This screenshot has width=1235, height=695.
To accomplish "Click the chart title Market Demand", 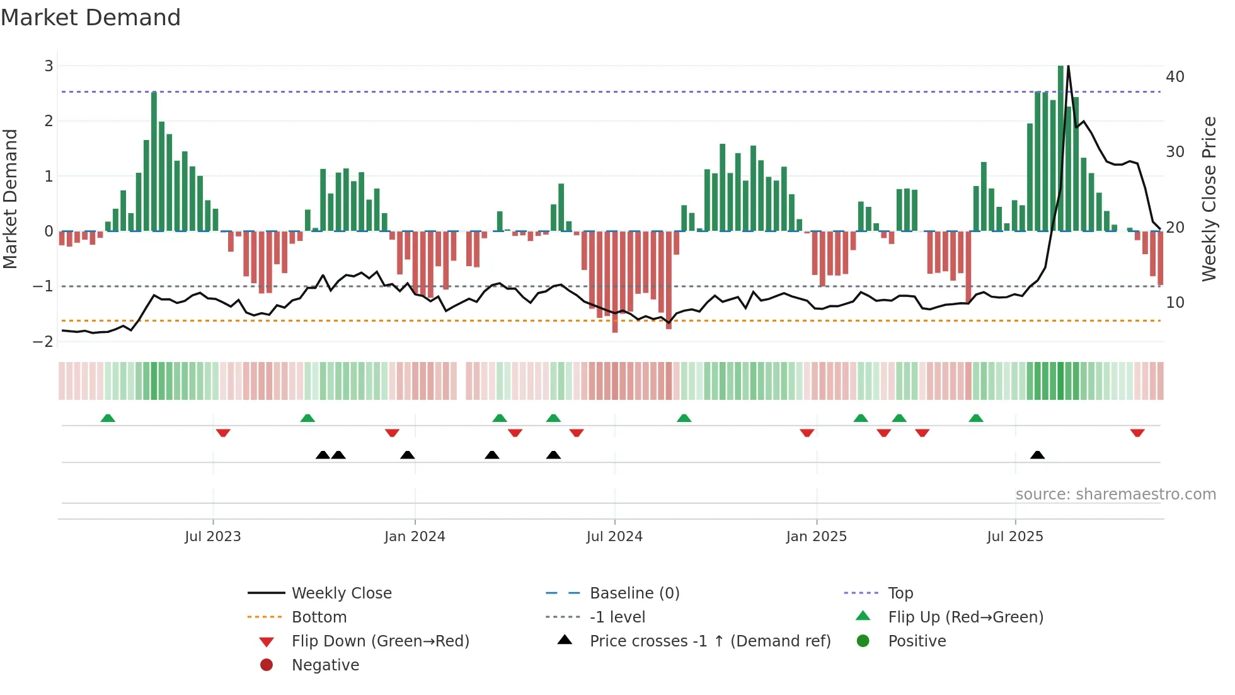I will point(91,18).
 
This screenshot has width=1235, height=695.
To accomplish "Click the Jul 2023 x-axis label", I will point(212,537).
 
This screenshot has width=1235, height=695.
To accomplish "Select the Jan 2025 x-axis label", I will point(816,537).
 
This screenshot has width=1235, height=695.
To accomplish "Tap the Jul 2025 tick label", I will point(1014,537).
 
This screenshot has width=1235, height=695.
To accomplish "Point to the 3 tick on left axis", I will point(49,66).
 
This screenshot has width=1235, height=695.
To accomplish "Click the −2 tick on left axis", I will point(43,342).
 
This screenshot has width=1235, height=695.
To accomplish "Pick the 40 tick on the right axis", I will point(1175,77).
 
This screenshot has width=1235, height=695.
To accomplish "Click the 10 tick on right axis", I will point(1175,303).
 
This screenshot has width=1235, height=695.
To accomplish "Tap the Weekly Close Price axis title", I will point(1209,199).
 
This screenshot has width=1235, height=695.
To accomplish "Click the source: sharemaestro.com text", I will point(1115,494).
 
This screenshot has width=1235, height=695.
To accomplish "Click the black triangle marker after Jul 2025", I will point(1037,455).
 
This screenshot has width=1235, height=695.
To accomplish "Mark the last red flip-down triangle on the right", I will point(1137,433).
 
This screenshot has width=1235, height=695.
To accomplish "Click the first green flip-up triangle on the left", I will point(108,418).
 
